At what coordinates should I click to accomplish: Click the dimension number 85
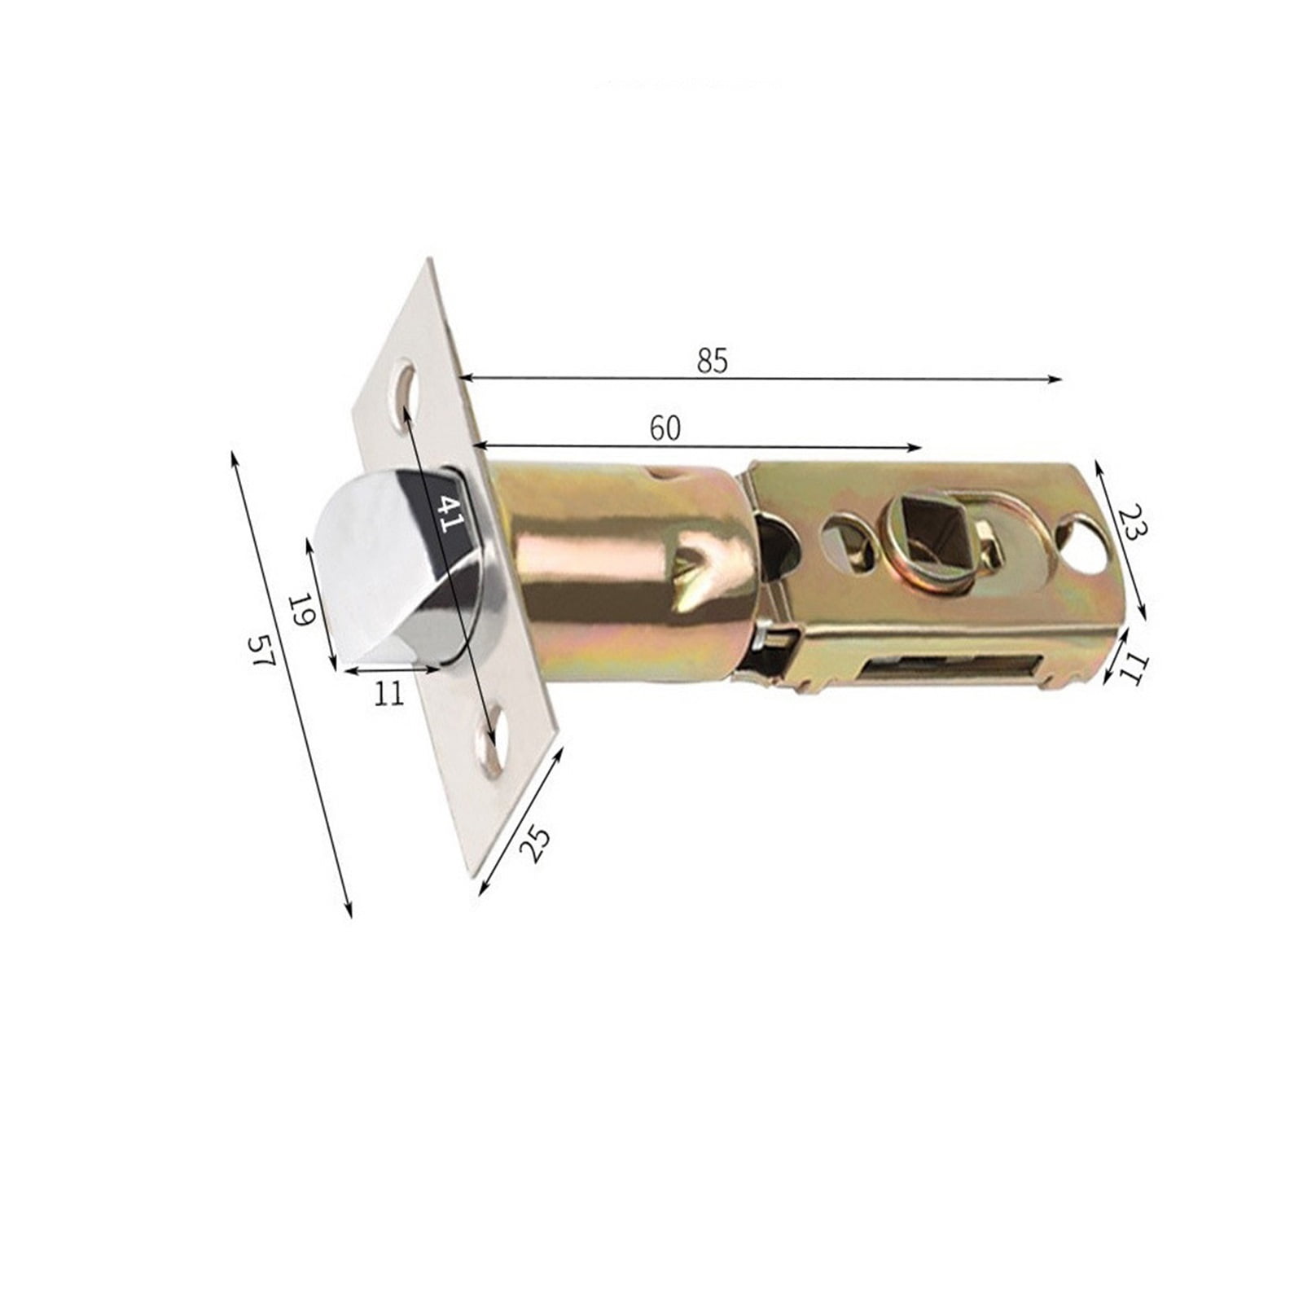pyautogui.click(x=712, y=361)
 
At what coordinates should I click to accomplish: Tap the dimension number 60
pyautogui.click(x=665, y=428)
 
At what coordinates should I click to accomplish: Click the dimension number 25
pyautogui.click(x=535, y=845)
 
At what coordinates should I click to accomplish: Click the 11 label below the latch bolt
pyautogui.click(x=388, y=693)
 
